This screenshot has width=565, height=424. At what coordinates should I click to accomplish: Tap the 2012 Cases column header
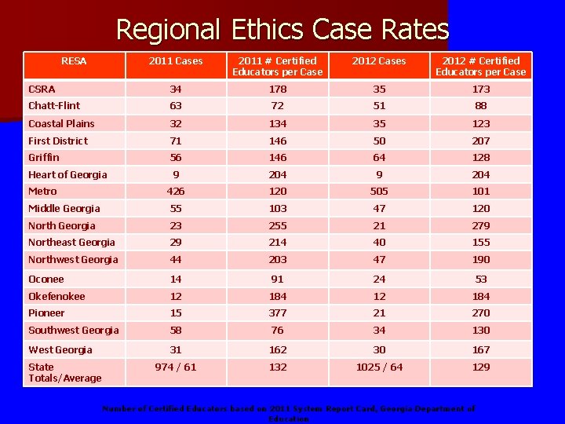[x=379, y=61]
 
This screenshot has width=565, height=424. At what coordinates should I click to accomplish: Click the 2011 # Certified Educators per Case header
[x=277, y=67]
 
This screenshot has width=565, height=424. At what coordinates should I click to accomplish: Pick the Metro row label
[x=43, y=191]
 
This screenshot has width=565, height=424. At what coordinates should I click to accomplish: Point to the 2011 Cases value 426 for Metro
[x=177, y=191]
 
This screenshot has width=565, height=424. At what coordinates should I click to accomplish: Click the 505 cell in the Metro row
[x=379, y=191]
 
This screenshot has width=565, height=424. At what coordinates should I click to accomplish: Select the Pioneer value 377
[x=277, y=313]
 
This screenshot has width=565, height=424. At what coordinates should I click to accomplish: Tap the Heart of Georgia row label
[x=67, y=174]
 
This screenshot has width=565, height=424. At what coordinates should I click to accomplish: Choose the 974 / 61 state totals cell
[x=177, y=367]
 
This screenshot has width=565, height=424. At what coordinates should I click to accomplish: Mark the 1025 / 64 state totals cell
[x=379, y=367]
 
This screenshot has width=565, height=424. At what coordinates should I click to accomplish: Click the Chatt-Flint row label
[x=54, y=105]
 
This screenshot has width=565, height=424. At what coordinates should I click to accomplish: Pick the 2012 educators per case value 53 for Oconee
[x=481, y=279]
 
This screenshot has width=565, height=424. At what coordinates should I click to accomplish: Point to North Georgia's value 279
[x=481, y=225]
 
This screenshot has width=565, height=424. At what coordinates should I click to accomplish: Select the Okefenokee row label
[x=56, y=296]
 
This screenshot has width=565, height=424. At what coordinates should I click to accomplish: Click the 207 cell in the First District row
[x=481, y=141]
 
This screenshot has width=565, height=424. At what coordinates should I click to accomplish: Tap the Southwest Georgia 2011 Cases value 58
[x=177, y=330]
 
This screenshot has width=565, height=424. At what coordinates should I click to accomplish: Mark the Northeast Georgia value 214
[x=277, y=242]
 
